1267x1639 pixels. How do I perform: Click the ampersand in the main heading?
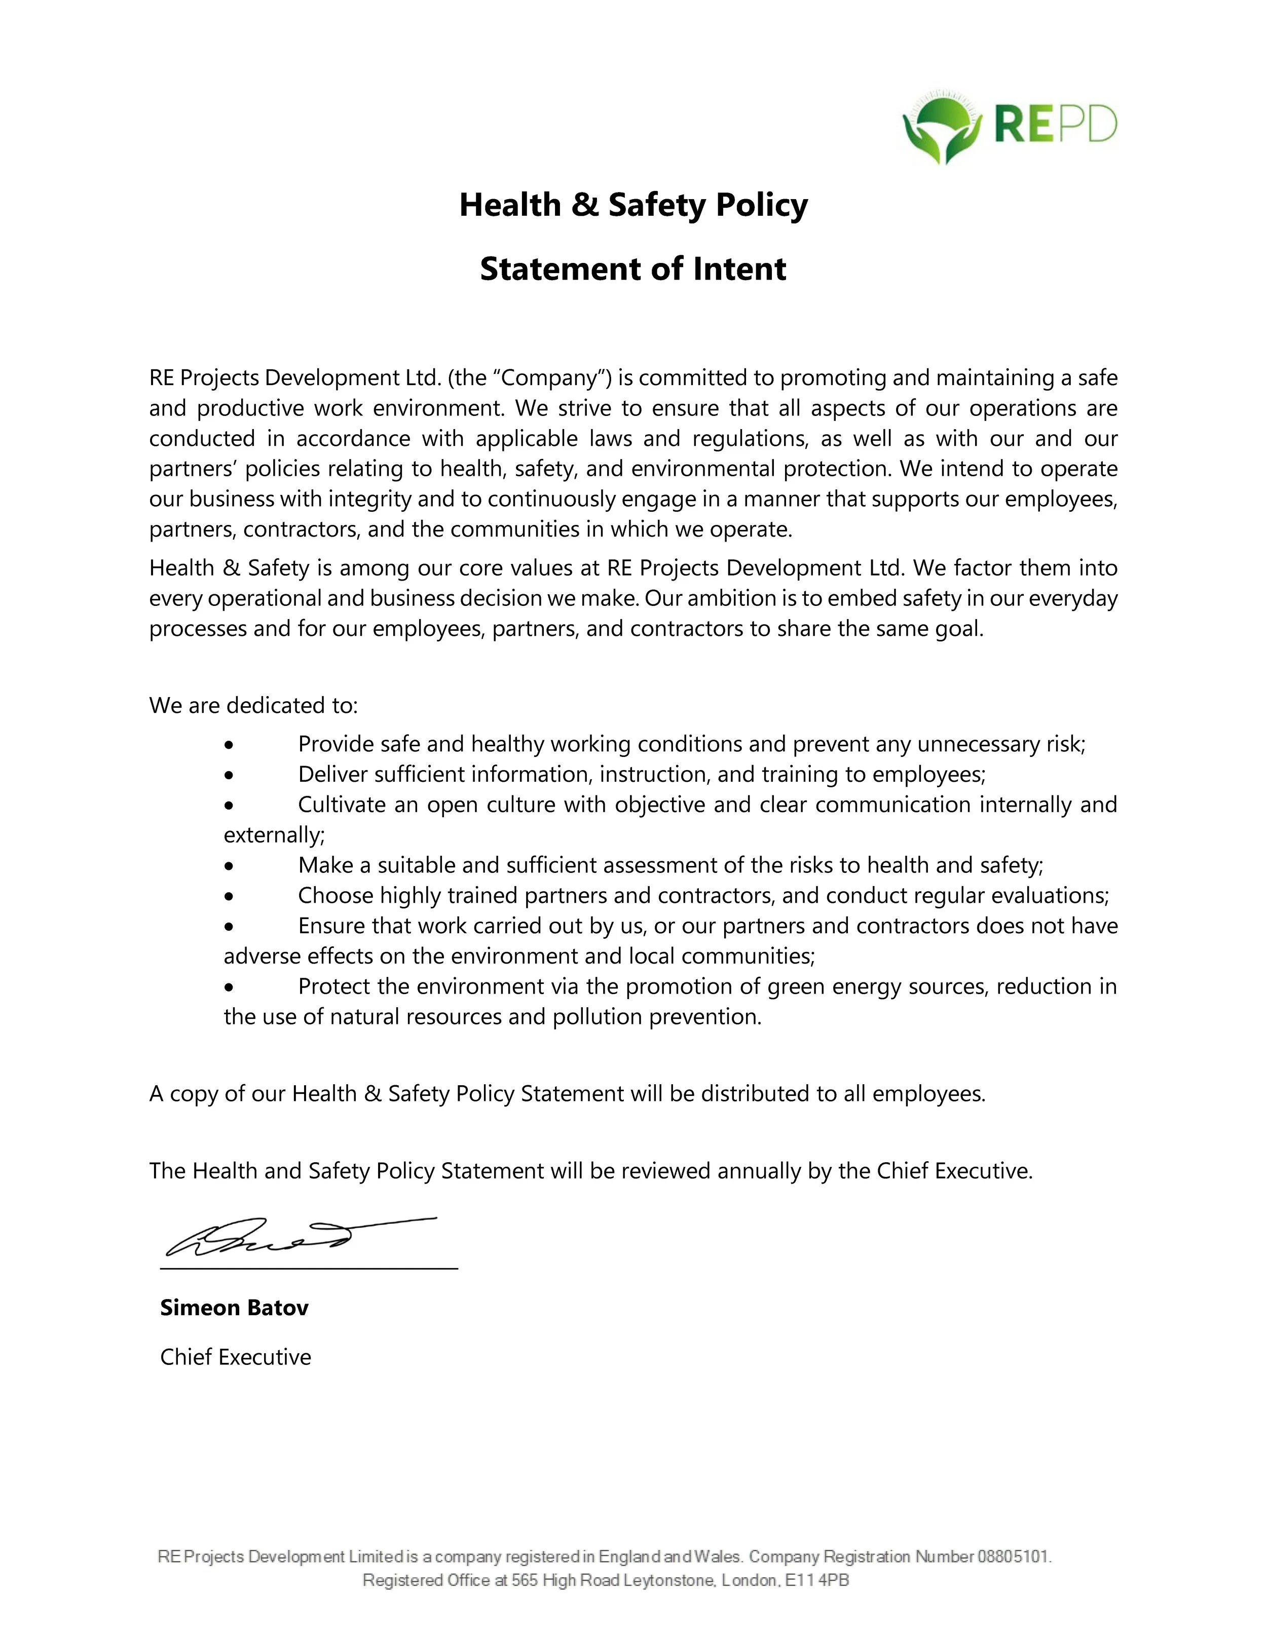(x=585, y=205)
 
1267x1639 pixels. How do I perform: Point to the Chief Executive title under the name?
(x=236, y=1357)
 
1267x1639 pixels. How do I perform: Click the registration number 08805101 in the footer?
(x=1013, y=1556)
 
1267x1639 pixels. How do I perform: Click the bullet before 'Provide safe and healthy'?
(x=229, y=745)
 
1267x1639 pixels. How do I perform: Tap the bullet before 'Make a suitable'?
(x=229, y=866)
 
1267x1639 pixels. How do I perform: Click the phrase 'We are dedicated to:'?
(x=254, y=705)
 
